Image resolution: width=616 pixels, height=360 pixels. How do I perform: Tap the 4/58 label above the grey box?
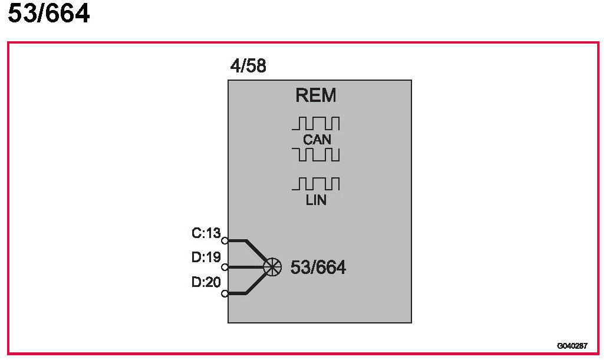(x=248, y=66)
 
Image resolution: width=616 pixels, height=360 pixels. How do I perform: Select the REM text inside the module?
(x=316, y=95)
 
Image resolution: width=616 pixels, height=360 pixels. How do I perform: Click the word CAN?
(x=317, y=140)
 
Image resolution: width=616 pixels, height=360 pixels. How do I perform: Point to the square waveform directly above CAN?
(x=316, y=124)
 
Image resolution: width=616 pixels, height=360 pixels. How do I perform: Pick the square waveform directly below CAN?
(x=316, y=155)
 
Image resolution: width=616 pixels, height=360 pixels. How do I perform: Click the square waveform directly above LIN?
(x=316, y=184)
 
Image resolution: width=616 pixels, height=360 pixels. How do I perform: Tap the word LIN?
(x=316, y=200)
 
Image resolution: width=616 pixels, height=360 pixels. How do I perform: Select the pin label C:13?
(x=206, y=234)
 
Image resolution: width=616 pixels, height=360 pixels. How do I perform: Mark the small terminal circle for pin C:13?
(x=225, y=240)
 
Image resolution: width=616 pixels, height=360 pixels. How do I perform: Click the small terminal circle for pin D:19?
(x=225, y=267)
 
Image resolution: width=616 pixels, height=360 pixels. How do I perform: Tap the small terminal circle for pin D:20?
(x=225, y=293)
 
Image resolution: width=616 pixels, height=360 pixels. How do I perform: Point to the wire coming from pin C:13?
(x=248, y=243)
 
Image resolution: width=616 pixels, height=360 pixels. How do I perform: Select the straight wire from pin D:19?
(x=245, y=267)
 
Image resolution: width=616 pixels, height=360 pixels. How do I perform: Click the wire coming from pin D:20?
(x=248, y=290)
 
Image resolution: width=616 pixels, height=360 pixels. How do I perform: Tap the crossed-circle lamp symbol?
(x=272, y=267)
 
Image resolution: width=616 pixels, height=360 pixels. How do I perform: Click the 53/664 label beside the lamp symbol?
(x=318, y=267)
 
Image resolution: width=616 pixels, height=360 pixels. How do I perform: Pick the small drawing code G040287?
(x=572, y=346)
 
